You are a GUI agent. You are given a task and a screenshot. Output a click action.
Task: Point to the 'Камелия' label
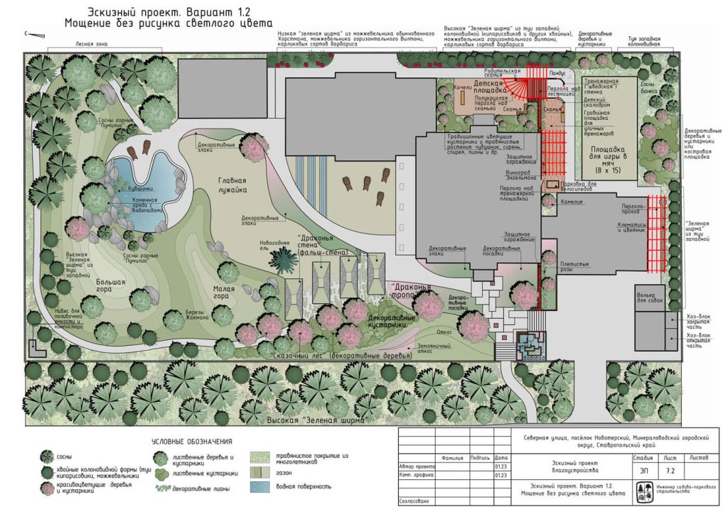tap(570, 202)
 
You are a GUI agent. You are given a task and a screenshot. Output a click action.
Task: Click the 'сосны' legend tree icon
tap(47, 455)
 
